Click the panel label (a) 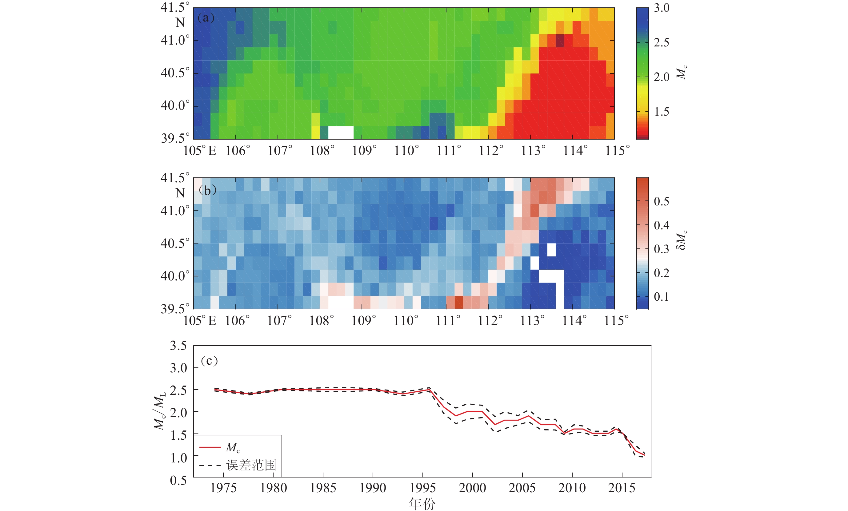(206, 18)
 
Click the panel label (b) (207, 190)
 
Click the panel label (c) (209, 361)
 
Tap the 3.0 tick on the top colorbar (662, 8)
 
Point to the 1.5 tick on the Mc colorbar (662, 112)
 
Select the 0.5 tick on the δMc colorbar (662, 201)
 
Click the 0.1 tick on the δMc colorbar (662, 297)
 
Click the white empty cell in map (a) (341, 133)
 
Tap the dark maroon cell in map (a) (560, 41)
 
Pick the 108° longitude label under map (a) (322, 151)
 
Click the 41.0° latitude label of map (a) (175, 40)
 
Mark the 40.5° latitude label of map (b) (175, 244)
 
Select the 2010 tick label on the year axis (572, 488)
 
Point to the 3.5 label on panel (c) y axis (178, 346)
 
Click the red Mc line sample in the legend (210, 447)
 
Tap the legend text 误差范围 (251, 465)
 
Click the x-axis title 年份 (422, 504)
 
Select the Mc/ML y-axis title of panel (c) (159, 411)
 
